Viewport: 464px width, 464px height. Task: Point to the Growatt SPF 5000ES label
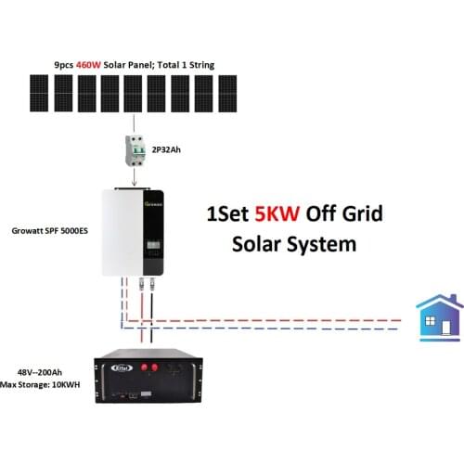pyautogui.click(x=51, y=229)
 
